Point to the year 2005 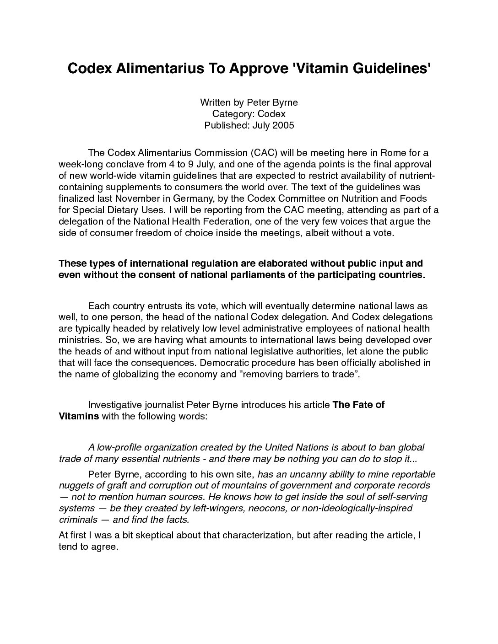283,125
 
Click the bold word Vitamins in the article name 79,416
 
